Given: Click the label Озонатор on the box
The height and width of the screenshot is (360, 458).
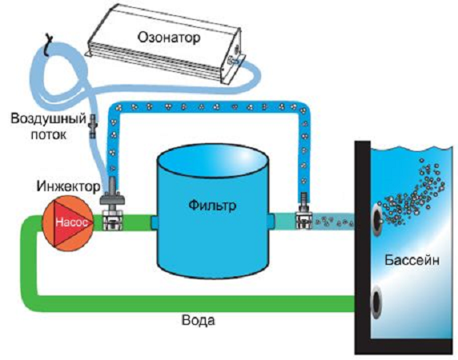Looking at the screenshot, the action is pos(170,38).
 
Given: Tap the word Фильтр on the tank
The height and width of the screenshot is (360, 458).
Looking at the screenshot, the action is pos(212,206).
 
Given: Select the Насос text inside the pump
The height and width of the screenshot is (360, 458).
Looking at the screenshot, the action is pos(71,222).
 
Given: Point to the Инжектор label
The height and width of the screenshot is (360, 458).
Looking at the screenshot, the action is pos(68,186).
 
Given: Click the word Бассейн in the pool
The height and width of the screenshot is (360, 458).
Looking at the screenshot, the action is pos(412,260).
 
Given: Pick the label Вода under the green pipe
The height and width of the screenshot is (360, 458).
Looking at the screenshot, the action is pos(199,320).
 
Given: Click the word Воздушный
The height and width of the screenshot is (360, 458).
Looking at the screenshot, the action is pos(49,119).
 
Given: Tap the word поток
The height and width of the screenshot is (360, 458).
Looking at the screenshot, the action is pos(49,134).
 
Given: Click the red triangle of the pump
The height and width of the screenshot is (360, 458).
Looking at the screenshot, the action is pos(73,222).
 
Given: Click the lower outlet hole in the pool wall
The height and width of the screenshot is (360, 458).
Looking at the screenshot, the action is pos(376,301).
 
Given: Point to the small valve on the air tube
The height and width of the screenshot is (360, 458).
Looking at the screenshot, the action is pos(93,126).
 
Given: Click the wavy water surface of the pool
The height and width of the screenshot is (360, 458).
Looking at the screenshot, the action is pos(412,148).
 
